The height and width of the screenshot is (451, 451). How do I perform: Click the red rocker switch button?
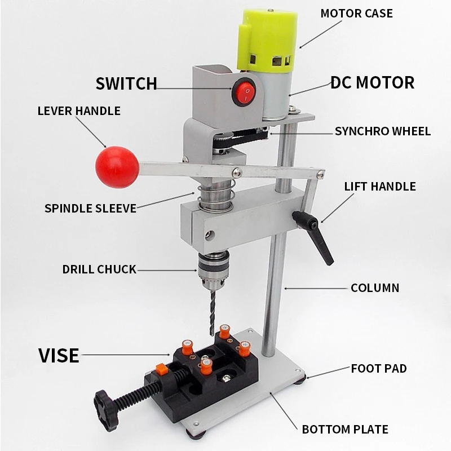pyautogui.click(x=245, y=92)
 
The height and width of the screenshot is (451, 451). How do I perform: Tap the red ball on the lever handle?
pyautogui.click(x=117, y=167)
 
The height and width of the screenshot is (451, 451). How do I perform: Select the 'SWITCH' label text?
pyautogui.click(x=126, y=84)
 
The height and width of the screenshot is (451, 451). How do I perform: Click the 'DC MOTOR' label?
pyautogui.click(x=372, y=83)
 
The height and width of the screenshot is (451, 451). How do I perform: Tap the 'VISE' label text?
pyautogui.click(x=59, y=356)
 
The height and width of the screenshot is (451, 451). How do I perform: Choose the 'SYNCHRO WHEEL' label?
pyautogui.click(x=382, y=131)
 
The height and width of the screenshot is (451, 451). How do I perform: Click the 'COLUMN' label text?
pyautogui.click(x=374, y=288)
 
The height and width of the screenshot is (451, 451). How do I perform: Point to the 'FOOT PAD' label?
pyautogui.click(x=378, y=369)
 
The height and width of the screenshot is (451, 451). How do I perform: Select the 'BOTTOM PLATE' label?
pyautogui.click(x=345, y=430)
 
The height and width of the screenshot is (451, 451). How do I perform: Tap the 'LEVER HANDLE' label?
pyautogui.click(x=79, y=110)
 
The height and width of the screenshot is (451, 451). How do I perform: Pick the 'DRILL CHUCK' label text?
pyautogui.click(x=99, y=269)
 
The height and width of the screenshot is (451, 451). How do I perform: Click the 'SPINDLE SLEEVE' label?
pyautogui.click(x=90, y=208)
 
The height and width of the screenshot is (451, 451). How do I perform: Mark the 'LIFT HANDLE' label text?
pyautogui.click(x=380, y=186)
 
